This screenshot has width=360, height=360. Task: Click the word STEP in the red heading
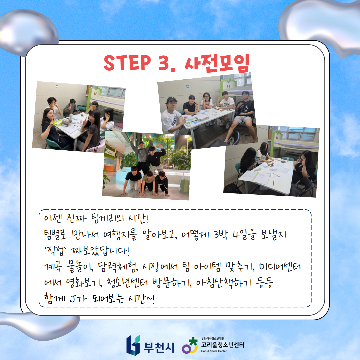pyautogui.click(x=127, y=62)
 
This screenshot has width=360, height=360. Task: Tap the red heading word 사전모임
pyautogui.click(x=217, y=63)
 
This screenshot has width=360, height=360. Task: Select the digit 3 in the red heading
pyautogui.click(x=164, y=62)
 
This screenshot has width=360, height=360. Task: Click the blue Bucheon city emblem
pyautogui.click(x=133, y=345)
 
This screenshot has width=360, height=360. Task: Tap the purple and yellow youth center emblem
pyautogui.click(x=190, y=345)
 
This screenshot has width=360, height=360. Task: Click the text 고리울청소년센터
pyautogui.click(x=222, y=345)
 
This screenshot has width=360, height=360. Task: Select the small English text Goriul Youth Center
pyautogui.click(x=214, y=351)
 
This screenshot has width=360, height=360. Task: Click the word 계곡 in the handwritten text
pyautogui.click(x=53, y=267)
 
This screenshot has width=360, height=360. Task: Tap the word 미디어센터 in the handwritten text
pyautogui.click(x=280, y=266)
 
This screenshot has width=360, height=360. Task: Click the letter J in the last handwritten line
pyautogui.click(x=73, y=299)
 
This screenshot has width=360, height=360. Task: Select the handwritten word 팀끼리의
pyautogui.click(x=107, y=218)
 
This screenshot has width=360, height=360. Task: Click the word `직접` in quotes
pyautogui.click(x=55, y=250)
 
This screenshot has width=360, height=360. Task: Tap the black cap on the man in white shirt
pyautogui.click(x=171, y=99)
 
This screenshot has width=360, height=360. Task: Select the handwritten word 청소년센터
pyautogui.click(x=127, y=283)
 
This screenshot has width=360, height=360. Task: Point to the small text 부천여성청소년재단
pyautogui.click(x=213, y=338)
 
